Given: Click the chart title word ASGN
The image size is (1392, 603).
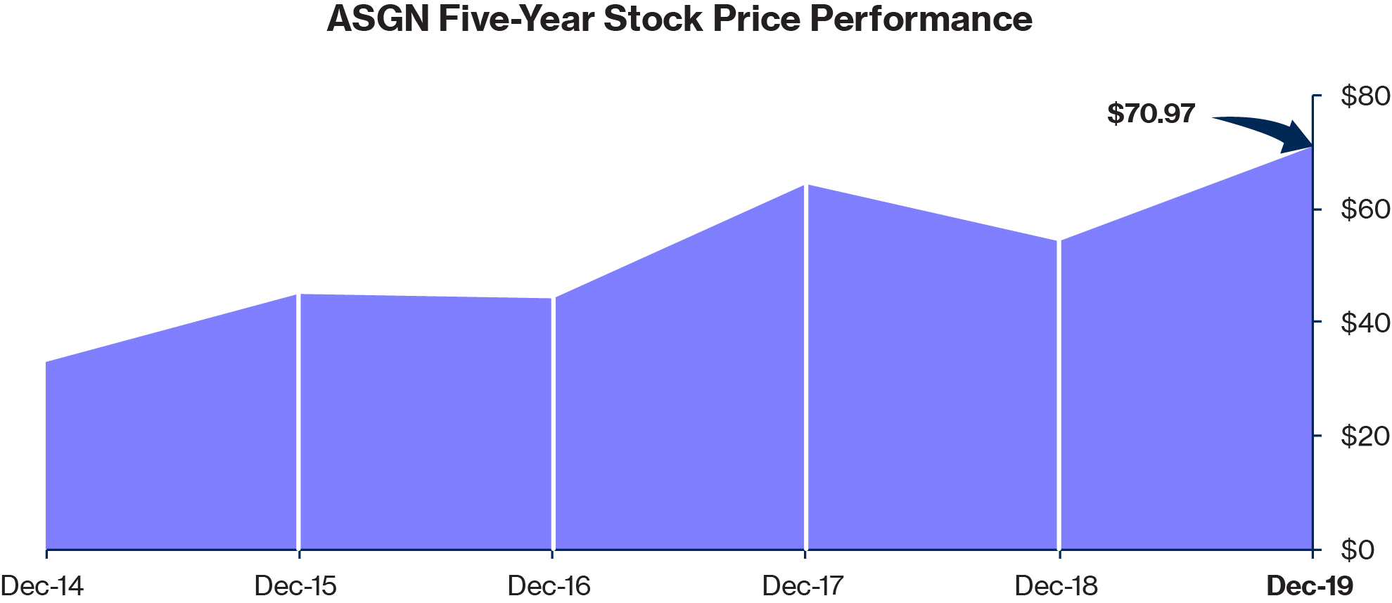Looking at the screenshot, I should pos(378,19).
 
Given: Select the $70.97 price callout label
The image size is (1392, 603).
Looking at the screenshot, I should pos(1151,113).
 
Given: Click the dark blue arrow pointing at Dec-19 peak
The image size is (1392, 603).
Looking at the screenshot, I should pos(1266,131).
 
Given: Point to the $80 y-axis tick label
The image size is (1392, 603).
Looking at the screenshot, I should pos(1365,96).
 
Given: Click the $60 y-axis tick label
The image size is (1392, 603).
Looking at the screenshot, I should pos(1365,209).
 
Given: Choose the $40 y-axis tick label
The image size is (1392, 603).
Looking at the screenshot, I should pos(1365,323).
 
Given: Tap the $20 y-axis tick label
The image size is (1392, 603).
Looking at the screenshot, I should pos(1365,436).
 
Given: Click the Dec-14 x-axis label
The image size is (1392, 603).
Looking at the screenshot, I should pos(42,585).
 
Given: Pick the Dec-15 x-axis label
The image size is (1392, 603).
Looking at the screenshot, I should pos(295,585).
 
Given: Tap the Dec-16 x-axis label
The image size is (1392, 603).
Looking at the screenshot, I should pos(549,585).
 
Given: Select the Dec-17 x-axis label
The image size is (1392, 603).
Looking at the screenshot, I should pos(803,585).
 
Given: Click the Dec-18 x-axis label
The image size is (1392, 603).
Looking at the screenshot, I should pos(1056,585).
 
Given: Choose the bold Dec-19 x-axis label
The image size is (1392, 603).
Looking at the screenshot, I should pos(1310,585).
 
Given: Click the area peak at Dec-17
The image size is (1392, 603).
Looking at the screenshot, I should pos(806,186).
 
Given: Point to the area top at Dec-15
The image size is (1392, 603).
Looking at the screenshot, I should pos(300,294).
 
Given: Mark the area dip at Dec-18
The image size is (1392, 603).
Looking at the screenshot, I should pos(1059,241).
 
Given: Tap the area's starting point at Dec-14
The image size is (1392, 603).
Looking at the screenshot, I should pos(47,363).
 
